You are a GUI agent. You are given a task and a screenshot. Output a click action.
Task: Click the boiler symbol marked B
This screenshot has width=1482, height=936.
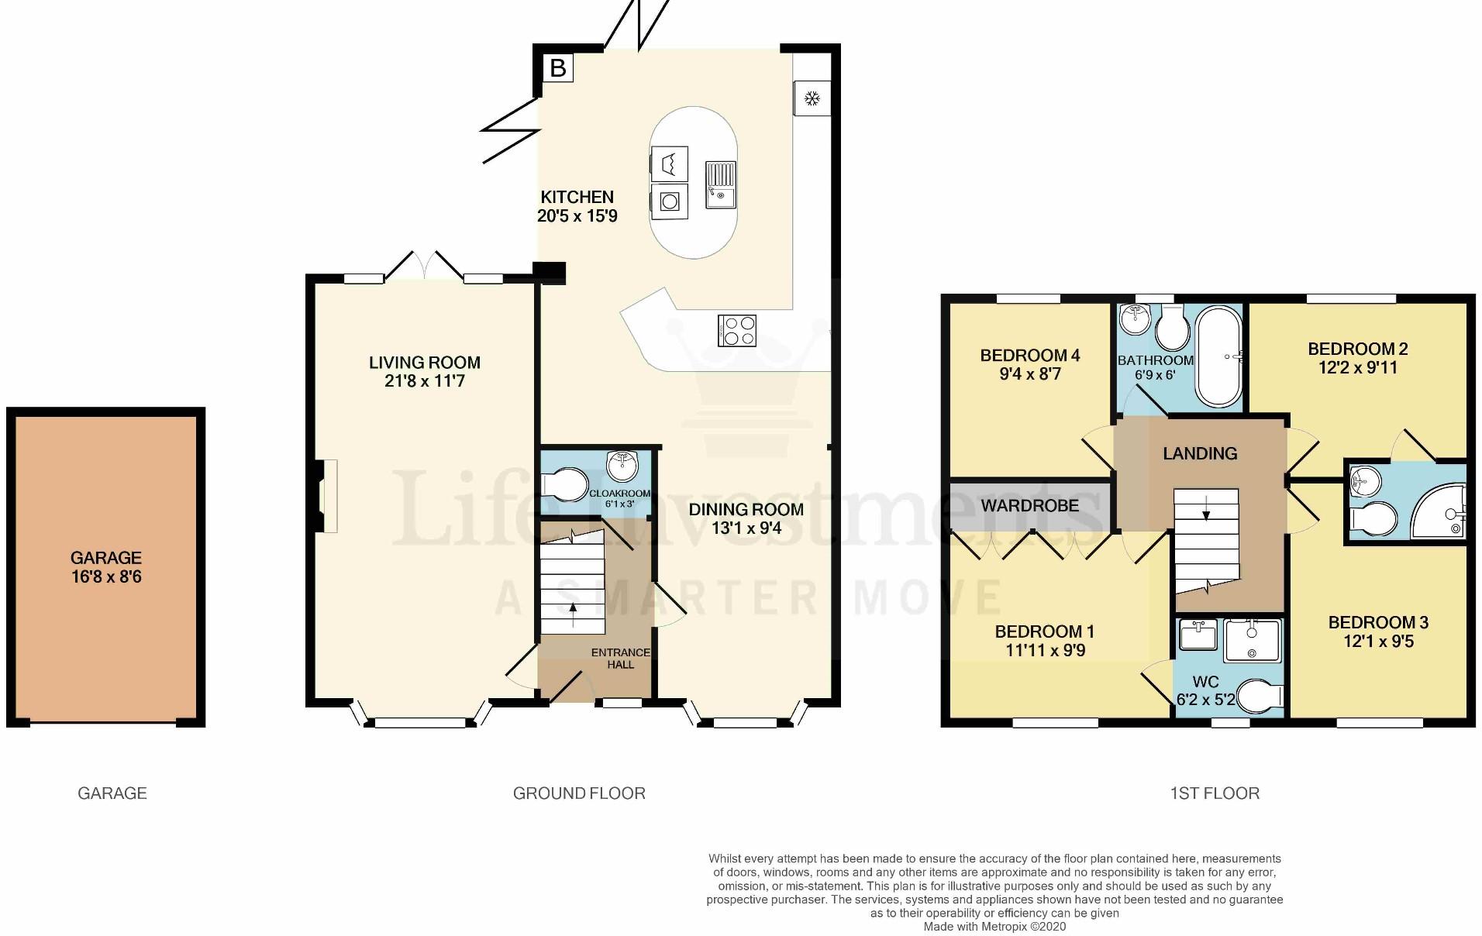tap(557, 68)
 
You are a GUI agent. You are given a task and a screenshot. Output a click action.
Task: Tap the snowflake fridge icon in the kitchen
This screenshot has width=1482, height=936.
tap(812, 98)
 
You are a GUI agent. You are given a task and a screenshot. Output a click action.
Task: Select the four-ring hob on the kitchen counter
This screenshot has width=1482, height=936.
tap(737, 329)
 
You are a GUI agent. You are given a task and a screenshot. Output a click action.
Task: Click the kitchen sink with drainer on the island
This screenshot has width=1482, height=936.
tap(721, 184)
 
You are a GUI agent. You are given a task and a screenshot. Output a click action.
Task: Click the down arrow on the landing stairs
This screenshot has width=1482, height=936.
tap(1205, 508)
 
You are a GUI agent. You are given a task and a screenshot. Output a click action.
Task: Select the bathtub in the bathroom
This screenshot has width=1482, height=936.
tap(1219, 357)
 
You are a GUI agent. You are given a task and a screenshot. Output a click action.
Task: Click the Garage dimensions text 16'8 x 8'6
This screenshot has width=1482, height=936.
tap(106, 576)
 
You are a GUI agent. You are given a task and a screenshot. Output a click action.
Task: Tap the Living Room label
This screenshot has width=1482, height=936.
tap(425, 362)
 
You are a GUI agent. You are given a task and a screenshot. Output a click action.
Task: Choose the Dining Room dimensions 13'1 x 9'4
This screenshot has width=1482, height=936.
tap(746, 528)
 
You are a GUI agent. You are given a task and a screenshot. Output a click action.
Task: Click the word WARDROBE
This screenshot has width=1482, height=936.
tap(1030, 506)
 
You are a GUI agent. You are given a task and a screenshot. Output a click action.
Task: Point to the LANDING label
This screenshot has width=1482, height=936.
tap(1200, 453)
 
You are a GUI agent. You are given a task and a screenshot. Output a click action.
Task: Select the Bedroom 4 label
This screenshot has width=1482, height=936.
tap(1030, 356)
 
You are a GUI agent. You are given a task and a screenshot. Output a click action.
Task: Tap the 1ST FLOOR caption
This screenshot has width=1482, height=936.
tap(1215, 793)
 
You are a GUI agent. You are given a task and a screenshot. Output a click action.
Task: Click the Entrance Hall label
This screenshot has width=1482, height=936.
tap(621, 659)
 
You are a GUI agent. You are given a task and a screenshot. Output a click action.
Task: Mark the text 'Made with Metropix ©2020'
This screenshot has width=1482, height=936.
tap(994, 927)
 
